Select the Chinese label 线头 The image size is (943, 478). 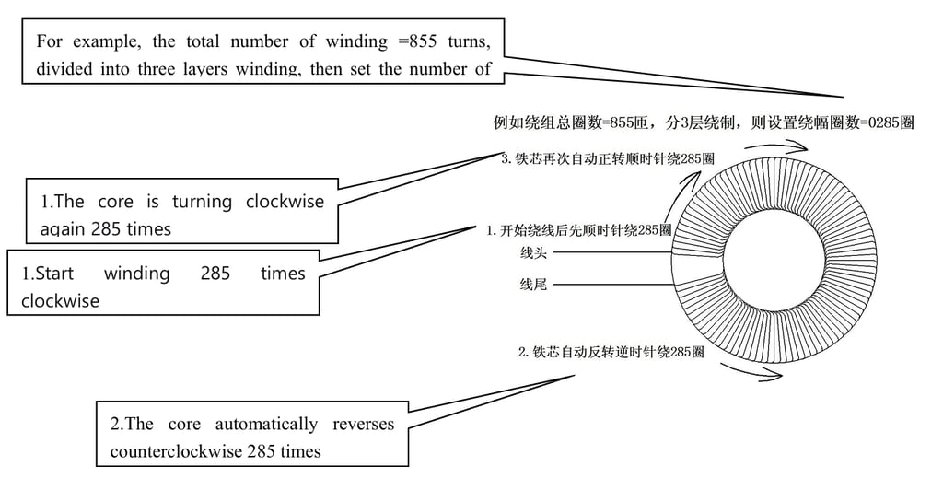(533, 251)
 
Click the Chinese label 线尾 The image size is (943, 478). (533, 285)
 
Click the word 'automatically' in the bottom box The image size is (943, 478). (266, 424)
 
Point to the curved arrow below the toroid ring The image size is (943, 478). (751, 370)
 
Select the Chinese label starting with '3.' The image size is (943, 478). (608, 157)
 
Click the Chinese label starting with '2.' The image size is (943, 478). (611, 351)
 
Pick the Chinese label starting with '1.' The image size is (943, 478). (578, 230)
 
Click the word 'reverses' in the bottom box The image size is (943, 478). (363, 424)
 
